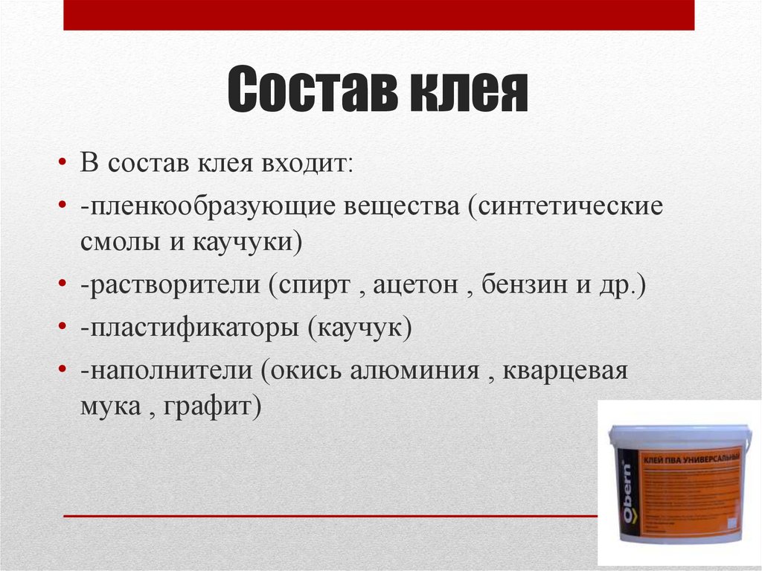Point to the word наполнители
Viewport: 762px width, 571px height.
tap(169, 370)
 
